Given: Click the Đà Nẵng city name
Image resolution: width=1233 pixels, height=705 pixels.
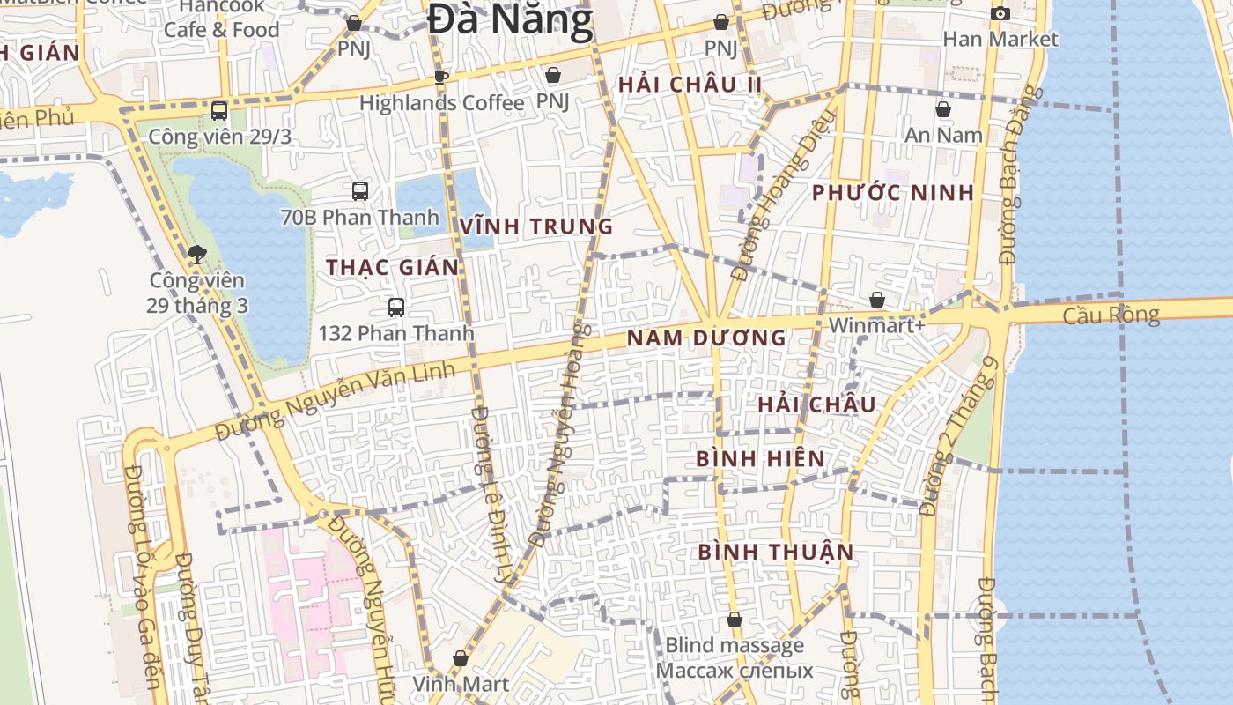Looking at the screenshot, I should click(x=510, y=19).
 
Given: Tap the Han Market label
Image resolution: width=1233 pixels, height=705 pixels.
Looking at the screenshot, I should click(x=1000, y=39).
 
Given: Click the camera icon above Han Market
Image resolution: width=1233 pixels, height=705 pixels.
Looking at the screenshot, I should click(x=1000, y=13).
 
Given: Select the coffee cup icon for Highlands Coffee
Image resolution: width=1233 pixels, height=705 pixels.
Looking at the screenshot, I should click(x=441, y=77).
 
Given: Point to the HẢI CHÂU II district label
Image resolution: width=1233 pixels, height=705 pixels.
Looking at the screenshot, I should click(x=690, y=85).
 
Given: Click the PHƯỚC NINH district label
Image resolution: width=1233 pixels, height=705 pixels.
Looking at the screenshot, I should click(x=892, y=192).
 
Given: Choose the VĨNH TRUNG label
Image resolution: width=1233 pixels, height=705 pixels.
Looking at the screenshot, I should click(x=535, y=226).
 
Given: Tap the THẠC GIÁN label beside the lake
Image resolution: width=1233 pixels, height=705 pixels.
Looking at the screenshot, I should click(x=392, y=267).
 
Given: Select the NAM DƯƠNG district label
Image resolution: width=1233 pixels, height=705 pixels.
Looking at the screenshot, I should click(x=705, y=338).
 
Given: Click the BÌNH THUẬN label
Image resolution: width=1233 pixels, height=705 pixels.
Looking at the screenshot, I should click(x=776, y=552).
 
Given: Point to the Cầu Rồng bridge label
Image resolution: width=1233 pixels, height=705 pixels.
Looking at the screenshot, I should click(x=1111, y=315).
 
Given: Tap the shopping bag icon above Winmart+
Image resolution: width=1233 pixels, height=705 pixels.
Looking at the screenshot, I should click(x=876, y=300).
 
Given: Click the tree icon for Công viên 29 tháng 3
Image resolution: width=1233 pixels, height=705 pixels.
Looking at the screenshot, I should click(x=196, y=256).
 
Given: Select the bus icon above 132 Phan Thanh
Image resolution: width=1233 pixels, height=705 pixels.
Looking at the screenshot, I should click(x=396, y=308).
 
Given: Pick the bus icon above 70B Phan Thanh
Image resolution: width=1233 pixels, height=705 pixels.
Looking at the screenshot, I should click(x=359, y=190).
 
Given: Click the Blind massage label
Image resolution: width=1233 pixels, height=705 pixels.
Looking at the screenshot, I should click(x=734, y=645).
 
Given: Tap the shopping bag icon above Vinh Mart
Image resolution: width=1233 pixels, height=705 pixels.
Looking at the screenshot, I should click(x=460, y=658).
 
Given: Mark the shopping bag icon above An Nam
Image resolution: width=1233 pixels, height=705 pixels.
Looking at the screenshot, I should click(x=942, y=109).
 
